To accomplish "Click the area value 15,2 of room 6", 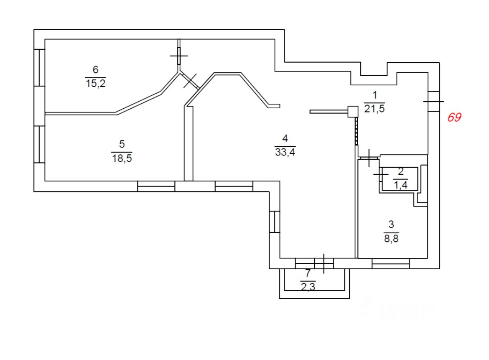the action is (x=94, y=83).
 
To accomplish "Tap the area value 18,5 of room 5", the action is (x=122, y=158).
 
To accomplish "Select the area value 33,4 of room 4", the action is (x=285, y=152).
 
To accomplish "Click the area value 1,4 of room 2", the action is (x=400, y=185).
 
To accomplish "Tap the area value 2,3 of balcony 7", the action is (x=308, y=287).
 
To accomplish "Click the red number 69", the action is (x=454, y=117).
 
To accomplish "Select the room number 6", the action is (x=95, y=69).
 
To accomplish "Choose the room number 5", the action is (x=122, y=144).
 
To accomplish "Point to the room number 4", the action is (x=285, y=138).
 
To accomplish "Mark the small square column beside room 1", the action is (x=353, y=111).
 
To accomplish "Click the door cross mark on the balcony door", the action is (x=324, y=263).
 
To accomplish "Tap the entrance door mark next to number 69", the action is (x=433, y=101).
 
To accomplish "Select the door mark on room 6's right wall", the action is (x=179, y=56).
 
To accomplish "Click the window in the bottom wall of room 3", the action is (x=390, y=263).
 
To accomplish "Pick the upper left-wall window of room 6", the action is (x=39, y=68).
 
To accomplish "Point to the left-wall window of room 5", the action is (x=39, y=144).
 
